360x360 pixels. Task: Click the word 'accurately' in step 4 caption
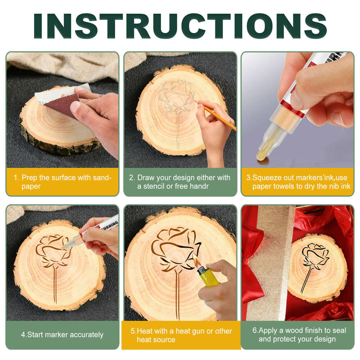pyautogui.click(x=86, y=335)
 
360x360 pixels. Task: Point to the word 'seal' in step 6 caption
pyautogui.click(x=338, y=330)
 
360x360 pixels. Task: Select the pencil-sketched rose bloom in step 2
pyautogui.click(x=176, y=95)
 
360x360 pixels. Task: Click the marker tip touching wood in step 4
pyautogui.click(x=63, y=248)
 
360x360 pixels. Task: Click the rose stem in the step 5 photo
pyautogui.click(x=177, y=295)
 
